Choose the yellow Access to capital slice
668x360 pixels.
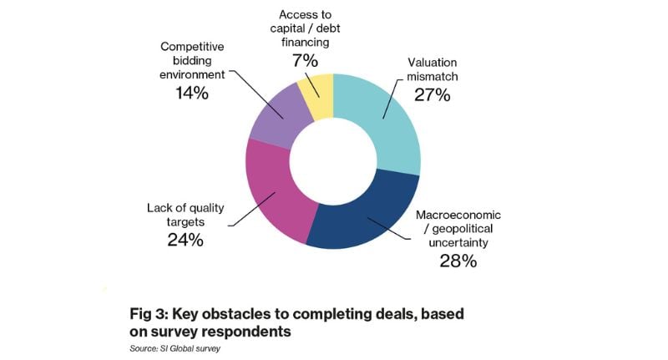tap(317, 94)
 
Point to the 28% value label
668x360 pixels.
tap(457, 261)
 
